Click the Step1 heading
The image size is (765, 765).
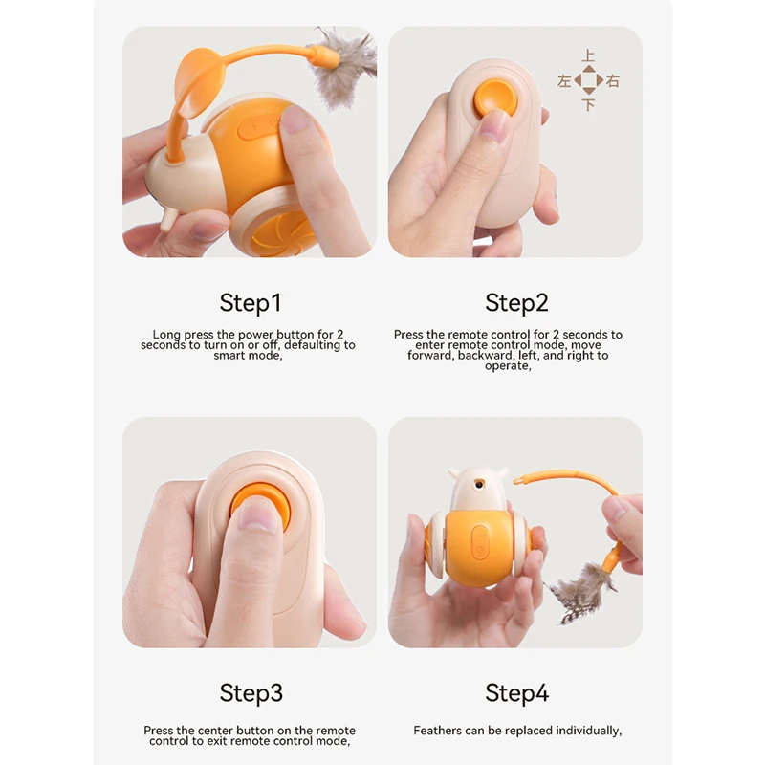point(251,303)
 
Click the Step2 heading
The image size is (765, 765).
point(516,303)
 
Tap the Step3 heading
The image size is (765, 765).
point(251,692)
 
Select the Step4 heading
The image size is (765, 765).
point(516,692)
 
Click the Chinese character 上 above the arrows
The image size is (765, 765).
point(589,57)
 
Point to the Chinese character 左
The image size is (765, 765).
point(564,81)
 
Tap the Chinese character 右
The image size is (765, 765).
point(613,81)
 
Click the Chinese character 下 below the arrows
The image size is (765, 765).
point(589,105)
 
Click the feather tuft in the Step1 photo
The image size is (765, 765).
point(344,67)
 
